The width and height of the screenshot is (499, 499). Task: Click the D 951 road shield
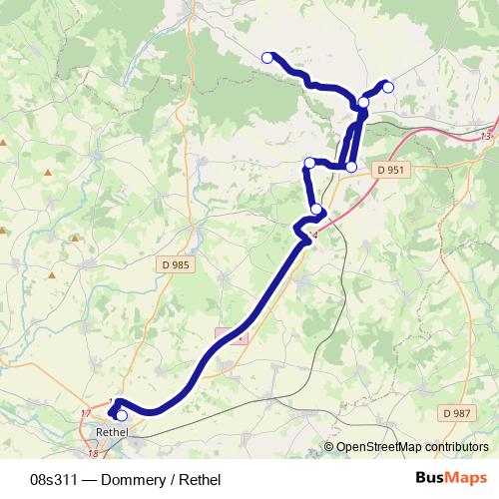tap(391, 171)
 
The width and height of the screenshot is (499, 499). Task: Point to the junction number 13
tap(485, 137)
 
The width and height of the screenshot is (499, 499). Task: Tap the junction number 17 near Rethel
tap(85, 413)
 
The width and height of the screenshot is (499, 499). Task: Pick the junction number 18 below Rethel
tap(92, 454)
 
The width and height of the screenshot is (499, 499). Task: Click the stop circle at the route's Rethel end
tap(122, 415)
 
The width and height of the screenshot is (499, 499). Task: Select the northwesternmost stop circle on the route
tap(266, 58)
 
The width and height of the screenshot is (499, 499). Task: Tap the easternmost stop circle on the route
tap(388, 87)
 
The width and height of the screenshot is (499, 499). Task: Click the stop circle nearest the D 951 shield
tap(350, 166)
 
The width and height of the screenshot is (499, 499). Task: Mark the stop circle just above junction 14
tap(316, 209)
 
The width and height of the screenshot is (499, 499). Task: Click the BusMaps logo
tap(449, 478)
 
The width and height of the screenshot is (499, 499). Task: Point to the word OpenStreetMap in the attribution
tap(377, 448)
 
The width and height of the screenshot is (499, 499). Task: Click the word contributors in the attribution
tap(456, 448)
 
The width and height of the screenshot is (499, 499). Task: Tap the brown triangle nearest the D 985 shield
tap(75, 239)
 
